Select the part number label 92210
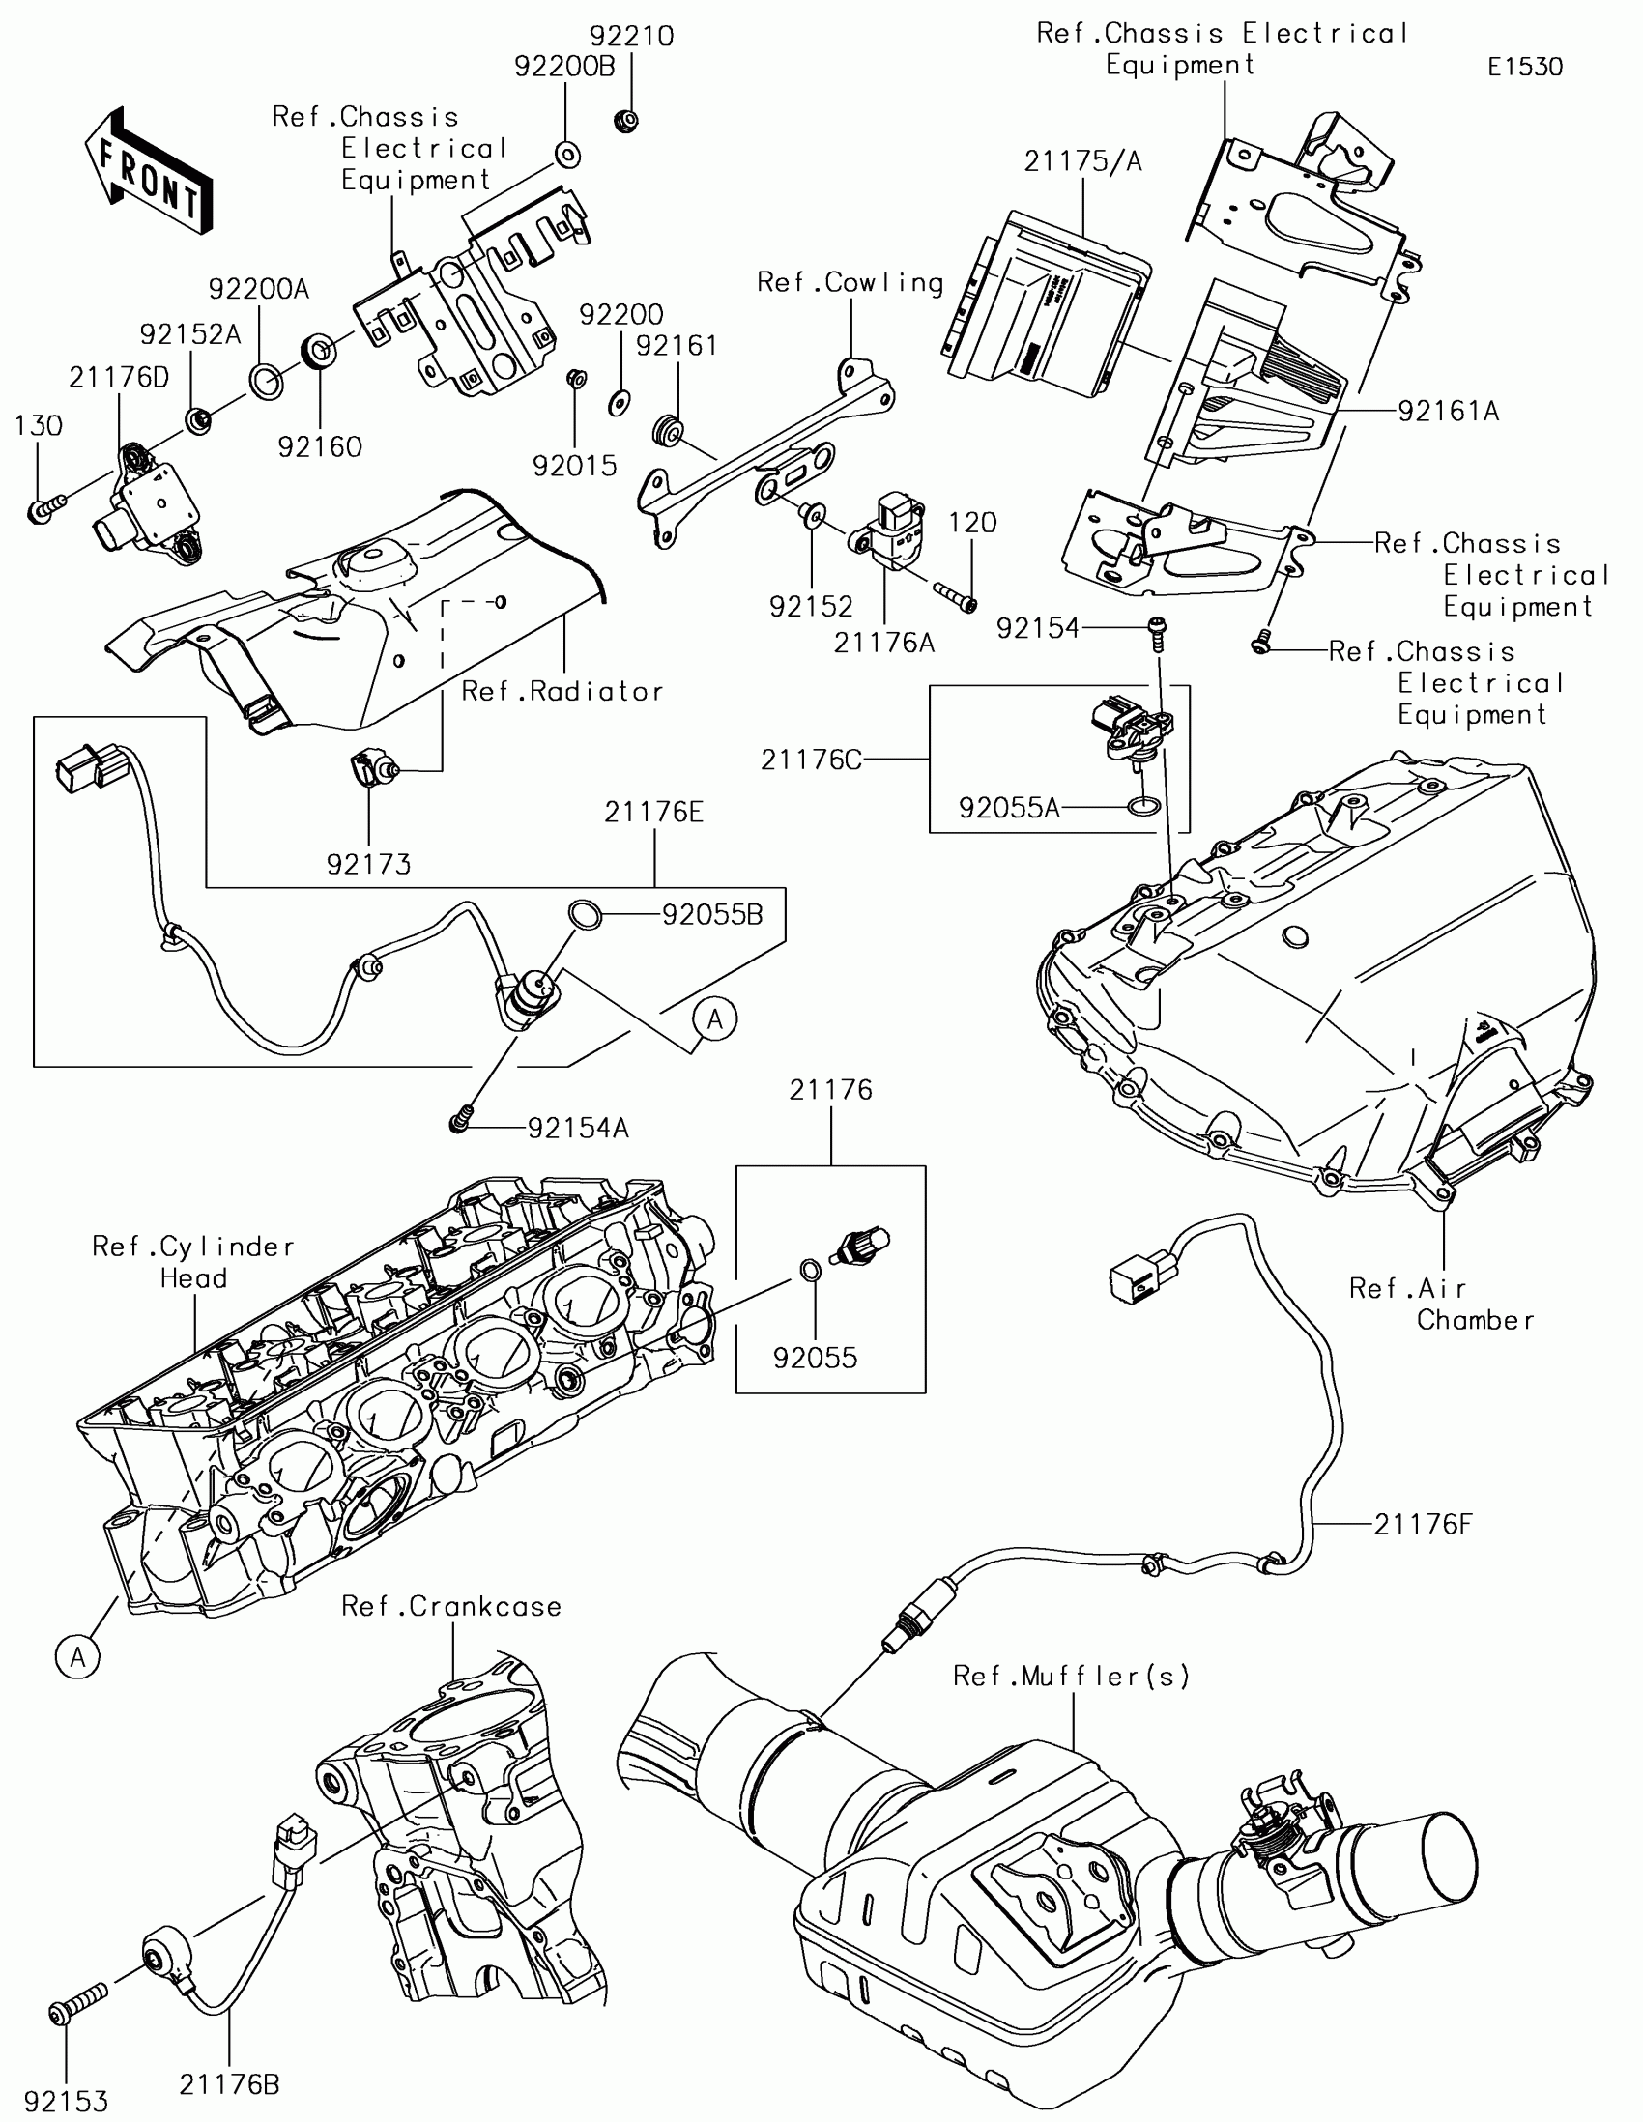[x=631, y=36]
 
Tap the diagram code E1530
[x=1525, y=67]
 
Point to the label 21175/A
[x=1082, y=161]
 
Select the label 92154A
[x=578, y=1128]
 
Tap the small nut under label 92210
[x=626, y=123]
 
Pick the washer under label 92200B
[x=567, y=155]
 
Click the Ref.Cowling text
[x=850, y=283]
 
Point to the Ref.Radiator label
[x=562, y=692]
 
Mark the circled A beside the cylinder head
[x=77, y=1656]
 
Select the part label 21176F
[x=1424, y=1525]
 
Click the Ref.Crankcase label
[x=451, y=1606]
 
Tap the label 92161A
[x=1449, y=412]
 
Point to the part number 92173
[x=369, y=864]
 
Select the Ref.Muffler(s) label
[x=1072, y=1676]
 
